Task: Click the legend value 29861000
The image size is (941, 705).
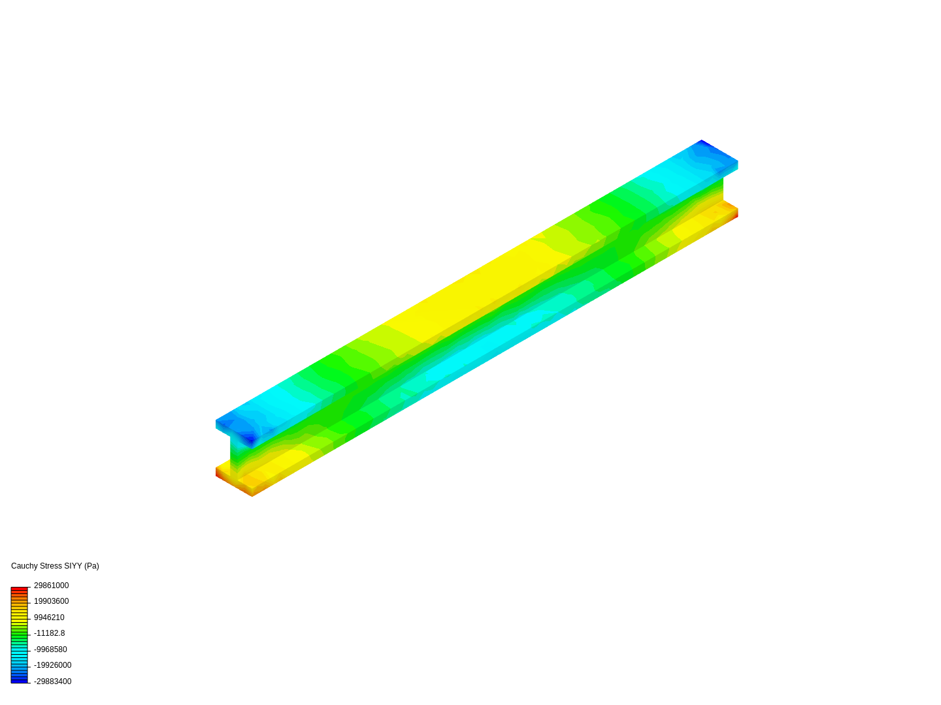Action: click(51, 586)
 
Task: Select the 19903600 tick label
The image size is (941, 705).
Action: click(51, 601)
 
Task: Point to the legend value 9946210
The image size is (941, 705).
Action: click(49, 618)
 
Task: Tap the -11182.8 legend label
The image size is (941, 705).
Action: click(49, 633)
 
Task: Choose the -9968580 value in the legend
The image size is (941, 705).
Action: click(50, 650)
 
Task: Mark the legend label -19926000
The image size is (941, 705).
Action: click(52, 665)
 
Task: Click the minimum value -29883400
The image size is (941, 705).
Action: click(52, 681)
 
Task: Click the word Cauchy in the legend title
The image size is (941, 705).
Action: click(24, 566)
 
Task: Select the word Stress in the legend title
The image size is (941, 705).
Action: click(50, 566)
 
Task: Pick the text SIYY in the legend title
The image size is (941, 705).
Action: click(73, 566)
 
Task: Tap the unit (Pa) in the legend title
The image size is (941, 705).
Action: click(91, 566)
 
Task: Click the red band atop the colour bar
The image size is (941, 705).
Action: click(19, 589)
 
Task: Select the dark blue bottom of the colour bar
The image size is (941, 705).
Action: click(19, 680)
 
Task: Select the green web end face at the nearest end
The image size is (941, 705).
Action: click(235, 454)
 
